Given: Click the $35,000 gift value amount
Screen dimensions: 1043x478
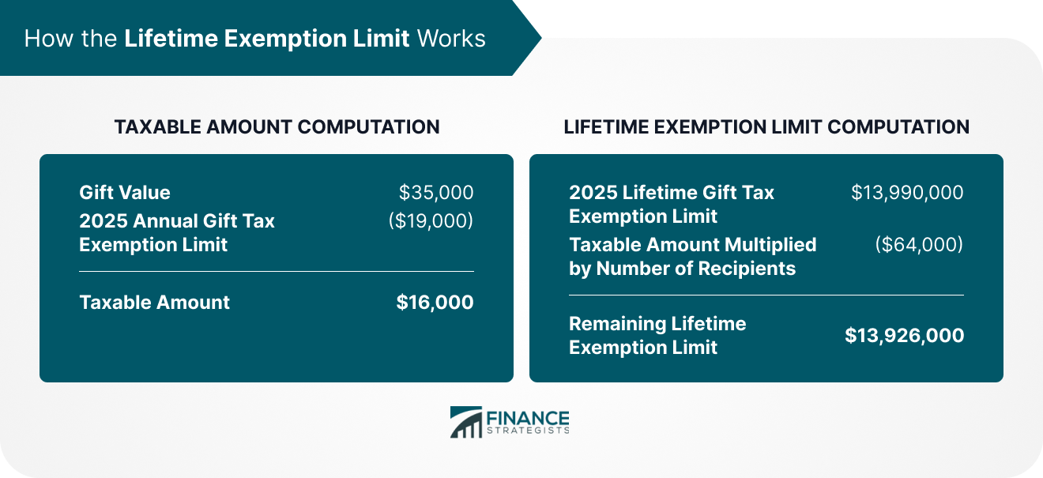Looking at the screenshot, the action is pos(436,192).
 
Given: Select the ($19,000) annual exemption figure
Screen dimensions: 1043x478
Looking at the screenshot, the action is pos(431,220).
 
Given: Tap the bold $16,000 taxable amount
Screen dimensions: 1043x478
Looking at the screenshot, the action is pos(435,302).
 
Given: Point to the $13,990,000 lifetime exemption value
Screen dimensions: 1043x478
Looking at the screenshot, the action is pos(907,192).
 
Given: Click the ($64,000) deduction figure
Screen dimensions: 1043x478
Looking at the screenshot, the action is pos(919,244).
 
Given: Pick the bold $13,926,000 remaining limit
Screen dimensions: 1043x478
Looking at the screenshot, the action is pos(904,335).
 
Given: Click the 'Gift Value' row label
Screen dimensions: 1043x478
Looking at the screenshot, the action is pos(125,192).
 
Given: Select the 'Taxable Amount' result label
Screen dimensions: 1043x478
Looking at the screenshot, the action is pos(155,302).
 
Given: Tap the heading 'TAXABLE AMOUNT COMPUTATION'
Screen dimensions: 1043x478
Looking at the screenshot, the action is pos(277,126).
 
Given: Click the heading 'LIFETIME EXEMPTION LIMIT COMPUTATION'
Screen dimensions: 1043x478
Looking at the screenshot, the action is pos(766,126).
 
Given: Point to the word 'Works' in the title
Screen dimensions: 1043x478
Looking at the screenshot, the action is pos(451,38).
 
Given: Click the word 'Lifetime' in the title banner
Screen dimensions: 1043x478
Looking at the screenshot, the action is pos(171,38).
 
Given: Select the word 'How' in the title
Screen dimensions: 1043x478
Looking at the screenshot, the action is pos(49,38).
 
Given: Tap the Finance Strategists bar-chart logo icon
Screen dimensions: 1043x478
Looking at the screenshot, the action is pos(466,422).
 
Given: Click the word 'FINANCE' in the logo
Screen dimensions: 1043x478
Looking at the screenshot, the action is pos(528,417).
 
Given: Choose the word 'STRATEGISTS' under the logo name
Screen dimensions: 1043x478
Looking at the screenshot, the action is pos(528,431).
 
